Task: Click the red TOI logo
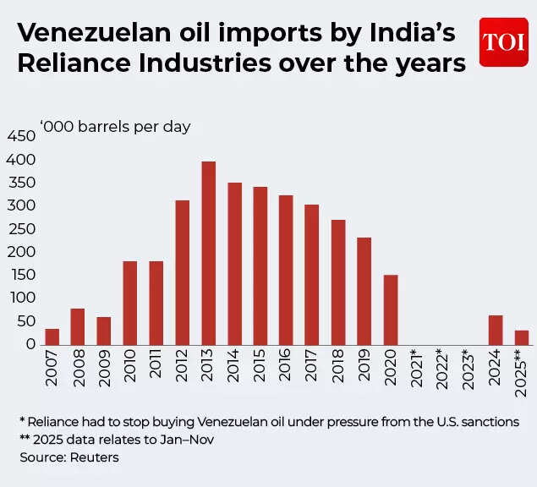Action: pyautogui.click(x=503, y=41)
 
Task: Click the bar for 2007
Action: pyautogui.click(x=52, y=336)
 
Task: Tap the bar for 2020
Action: pyautogui.click(x=391, y=309)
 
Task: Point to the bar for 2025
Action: pyautogui.click(x=522, y=337)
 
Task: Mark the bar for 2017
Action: pyautogui.click(x=312, y=273)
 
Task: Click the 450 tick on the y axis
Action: pyautogui.click(x=20, y=136)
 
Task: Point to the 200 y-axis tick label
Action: pyautogui.click(x=20, y=251)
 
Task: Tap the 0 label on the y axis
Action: pyautogui.click(x=30, y=343)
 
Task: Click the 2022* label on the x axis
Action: pyautogui.click(x=443, y=369)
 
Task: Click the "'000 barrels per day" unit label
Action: pyautogui.click(x=115, y=127)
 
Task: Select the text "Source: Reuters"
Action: pyautogui.click(x=68, y=457)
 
